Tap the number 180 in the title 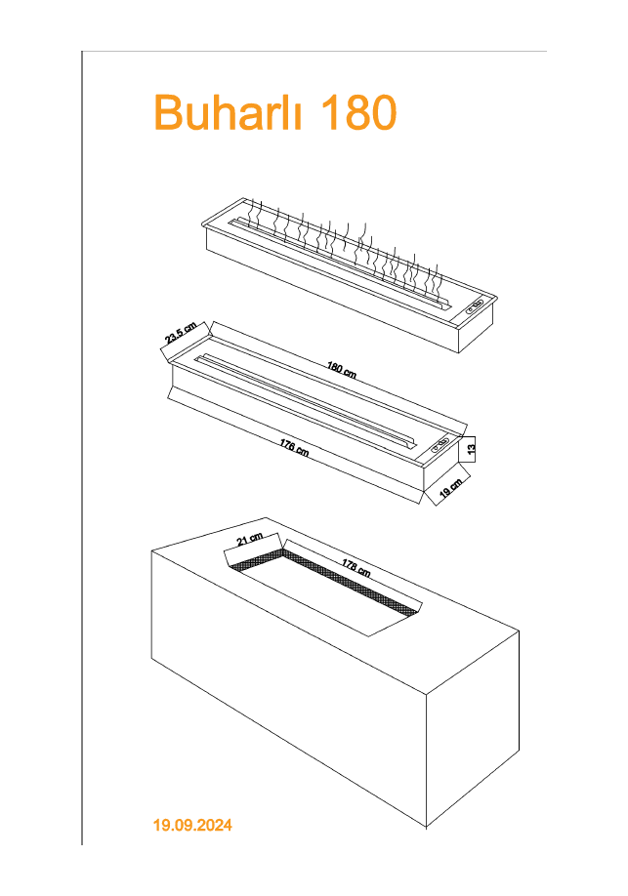click(358, 111)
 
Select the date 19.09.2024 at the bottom click(192, 825)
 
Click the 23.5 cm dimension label click(181, 333)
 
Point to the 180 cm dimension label click(342, 370)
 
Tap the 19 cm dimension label click(451, 487)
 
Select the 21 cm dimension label click(249, 539)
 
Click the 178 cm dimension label click(356, 567)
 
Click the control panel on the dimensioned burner click(440, 444)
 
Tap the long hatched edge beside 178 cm click(351, 583)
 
